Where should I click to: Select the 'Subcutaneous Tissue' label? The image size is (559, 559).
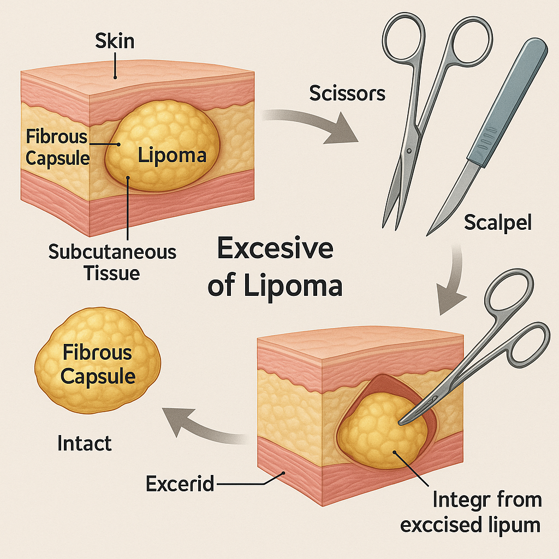[112, 262]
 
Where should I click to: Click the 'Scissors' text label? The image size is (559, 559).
[347, 93]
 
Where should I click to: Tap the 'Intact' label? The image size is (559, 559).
[85, 443]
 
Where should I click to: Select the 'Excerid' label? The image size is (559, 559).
[180, 483]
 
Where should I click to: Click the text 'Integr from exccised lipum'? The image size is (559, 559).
[471, 512]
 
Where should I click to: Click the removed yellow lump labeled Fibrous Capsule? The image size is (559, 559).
[98, 363]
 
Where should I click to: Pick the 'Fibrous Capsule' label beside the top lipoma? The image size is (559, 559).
[57, 147]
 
